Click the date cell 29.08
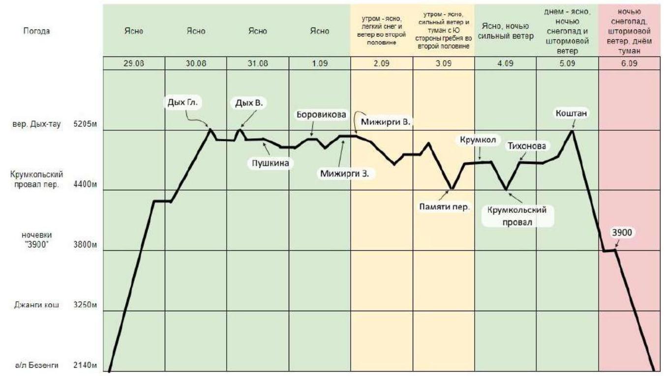pos(134,63)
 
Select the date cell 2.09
pos(382,63)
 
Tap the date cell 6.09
pos(630,63)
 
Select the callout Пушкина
pos(269,162)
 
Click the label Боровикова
pos(321,115)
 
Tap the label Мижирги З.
pos(344,173)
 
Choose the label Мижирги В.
pos(386,121)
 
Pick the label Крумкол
pos(477,139)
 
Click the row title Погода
pos(36,31)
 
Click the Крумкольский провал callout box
pos(517,215)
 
